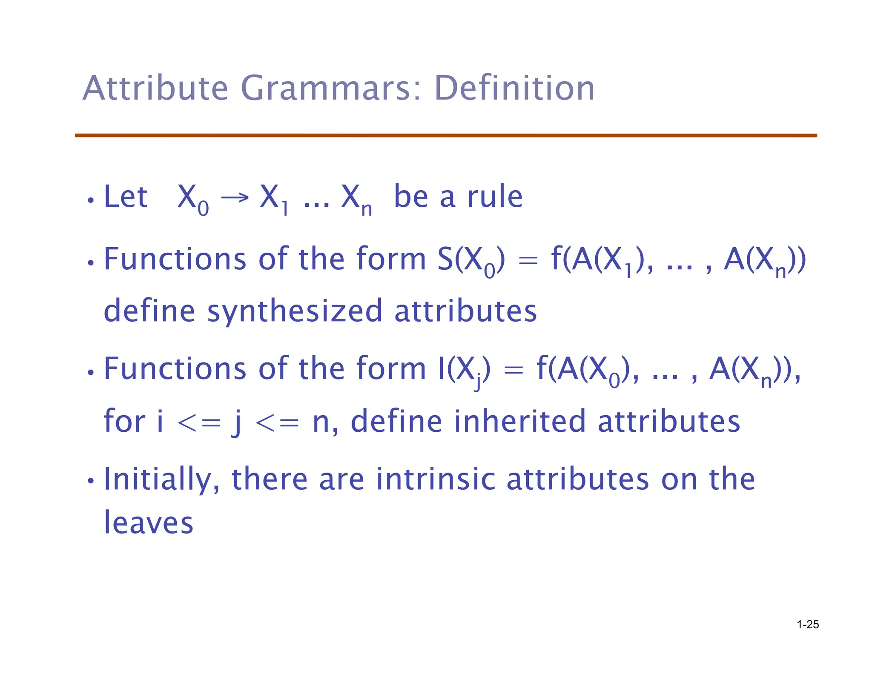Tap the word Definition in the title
514,88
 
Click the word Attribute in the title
155,88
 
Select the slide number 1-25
808,625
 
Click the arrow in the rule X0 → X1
235,197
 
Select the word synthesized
295,311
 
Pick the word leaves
149,522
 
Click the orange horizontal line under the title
446,135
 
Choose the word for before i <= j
124,421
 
